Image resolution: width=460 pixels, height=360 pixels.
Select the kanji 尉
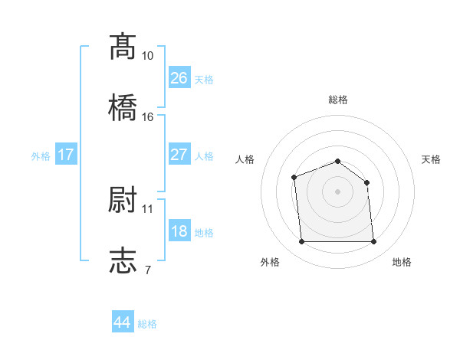123,199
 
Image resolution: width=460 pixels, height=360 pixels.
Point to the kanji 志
123,260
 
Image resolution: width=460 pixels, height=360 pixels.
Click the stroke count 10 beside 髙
148,56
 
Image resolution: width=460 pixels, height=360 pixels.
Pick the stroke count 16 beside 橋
148,117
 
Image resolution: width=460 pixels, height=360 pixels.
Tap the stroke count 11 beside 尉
148,208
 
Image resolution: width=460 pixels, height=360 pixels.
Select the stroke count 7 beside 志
147,270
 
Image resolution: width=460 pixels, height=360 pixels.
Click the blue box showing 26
179,77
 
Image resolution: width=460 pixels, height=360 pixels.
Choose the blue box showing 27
179,155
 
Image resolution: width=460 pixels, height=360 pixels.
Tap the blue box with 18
179,231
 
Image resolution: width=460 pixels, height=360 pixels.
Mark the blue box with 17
66,155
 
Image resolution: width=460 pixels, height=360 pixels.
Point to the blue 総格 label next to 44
147,324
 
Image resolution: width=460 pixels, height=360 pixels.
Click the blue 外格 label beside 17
41,156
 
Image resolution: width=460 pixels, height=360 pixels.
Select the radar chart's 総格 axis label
338,100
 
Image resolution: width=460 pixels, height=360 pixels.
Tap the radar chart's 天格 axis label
432,159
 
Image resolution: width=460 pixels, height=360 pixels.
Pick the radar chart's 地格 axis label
402,262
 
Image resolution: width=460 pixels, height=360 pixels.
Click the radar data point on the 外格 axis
301,242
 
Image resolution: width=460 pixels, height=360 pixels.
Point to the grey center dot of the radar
338,191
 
